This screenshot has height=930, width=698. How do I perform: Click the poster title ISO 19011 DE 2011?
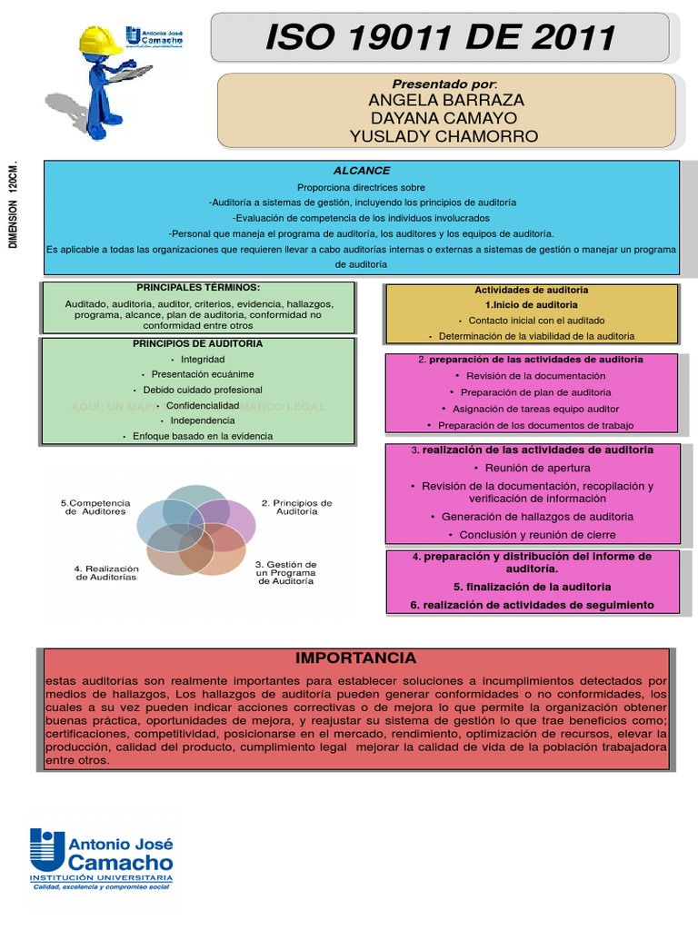[440, 38]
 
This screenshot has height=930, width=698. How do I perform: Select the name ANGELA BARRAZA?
[445, 100]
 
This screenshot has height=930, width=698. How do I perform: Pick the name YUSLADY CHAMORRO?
[444, 136]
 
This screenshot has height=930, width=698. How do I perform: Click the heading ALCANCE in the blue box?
[362, 170]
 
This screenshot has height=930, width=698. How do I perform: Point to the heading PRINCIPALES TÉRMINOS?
[198, 287]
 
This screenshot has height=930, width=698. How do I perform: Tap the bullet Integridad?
[203, 359]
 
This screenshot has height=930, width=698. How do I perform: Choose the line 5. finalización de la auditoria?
[532, 587]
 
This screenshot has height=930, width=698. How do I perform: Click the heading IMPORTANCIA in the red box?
[355, 658]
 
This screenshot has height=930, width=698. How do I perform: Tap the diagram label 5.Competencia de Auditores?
[96, 507]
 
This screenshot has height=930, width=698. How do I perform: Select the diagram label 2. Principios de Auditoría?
[297, 507]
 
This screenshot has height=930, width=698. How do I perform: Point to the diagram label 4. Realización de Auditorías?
[105, 572]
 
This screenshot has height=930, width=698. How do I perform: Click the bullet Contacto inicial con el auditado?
[536, 321]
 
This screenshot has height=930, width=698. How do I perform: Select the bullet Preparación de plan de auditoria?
[535, 392]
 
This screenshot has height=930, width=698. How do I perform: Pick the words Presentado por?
[444, 84]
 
